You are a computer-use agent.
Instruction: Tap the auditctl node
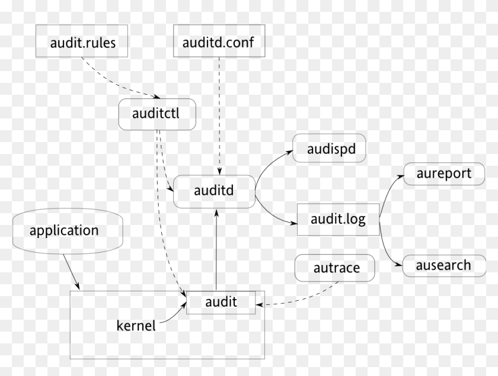pyautogui.click(x=157, y=114)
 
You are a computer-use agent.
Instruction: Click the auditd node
pyautogui.click(x=214, y=191)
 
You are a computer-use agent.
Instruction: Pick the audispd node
pyautogui.click(x=329, y=149)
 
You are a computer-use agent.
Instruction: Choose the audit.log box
pyautogui.click(x=338, y=219)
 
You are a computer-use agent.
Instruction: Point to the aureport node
pyautogui.click(x=444, y=173)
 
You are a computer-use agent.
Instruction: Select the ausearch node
pyautogui.click(x=444, y=265)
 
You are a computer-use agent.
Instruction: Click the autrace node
pyautogui.click(x=336, y=268)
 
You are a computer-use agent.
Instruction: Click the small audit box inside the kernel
pyautogui.click(x=221, y=302)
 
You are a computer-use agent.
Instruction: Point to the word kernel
pyautogui.click(x=136, y=325)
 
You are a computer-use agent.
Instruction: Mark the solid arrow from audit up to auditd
pyautogui.click(x=216, y=249)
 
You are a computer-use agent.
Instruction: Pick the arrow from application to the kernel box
pyautogui.click(x=71, y=272)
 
